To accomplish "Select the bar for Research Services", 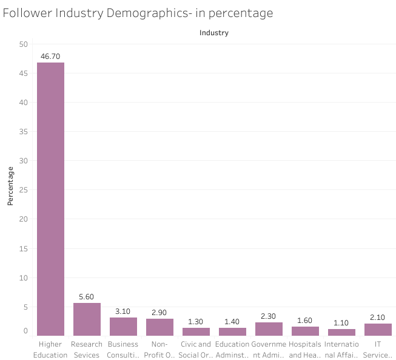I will [x=87, y=319].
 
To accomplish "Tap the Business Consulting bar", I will [x=123, y=327].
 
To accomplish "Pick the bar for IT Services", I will [x=378, y=329].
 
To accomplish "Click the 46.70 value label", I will [x=50, y=55].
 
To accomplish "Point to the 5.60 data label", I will [x=87, y=296].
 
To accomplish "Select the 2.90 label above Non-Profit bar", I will [x=159, y=312].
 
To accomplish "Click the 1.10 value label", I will [x=341, y=322].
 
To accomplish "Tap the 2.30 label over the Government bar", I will [x=269, y=316].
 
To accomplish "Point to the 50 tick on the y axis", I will [x=24, y=44].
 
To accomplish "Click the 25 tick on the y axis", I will [x=24, y=190].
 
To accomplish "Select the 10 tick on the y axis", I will [x=24, y=278].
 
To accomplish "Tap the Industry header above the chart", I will [x=214, y=33].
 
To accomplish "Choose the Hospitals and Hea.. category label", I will [x=305, y=350].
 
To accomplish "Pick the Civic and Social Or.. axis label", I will [x=196, y=350].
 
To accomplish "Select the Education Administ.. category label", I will [x=232, y=350].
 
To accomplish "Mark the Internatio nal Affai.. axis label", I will [x=341, y=350].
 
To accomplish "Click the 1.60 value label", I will [x=305, y=320].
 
